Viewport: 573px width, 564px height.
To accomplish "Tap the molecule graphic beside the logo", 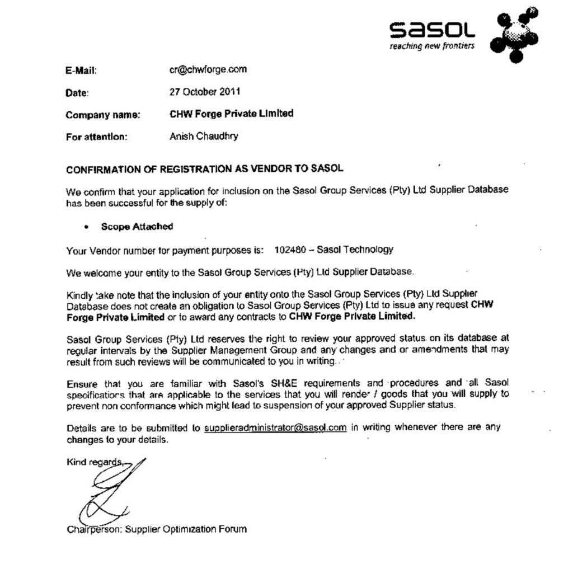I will [x=514, y=34].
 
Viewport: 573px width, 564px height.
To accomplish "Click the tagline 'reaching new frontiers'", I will [x=431, y=46].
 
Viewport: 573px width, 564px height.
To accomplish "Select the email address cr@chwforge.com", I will [x=208, y=69].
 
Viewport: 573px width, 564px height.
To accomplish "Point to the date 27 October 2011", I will [x=205, y=91].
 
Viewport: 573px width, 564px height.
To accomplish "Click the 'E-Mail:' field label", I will [x=82, y=70].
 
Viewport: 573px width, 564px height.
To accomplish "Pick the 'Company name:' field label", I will [x=103, y=115].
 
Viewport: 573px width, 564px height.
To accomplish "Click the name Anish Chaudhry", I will [x=204, y=136].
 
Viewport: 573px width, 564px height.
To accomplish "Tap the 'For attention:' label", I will [x=96, y=137].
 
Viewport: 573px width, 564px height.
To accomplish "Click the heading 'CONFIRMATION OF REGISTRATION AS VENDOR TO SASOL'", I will [x=205, y=168].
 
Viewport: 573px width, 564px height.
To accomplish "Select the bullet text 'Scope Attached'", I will [x=137, y=227].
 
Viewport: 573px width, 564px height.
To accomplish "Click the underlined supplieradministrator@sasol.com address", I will [x=275, y=428].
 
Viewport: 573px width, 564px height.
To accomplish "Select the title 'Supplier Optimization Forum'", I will [x=186, y=529].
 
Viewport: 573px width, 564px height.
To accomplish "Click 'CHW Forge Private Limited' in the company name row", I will [x=231, y=114].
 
